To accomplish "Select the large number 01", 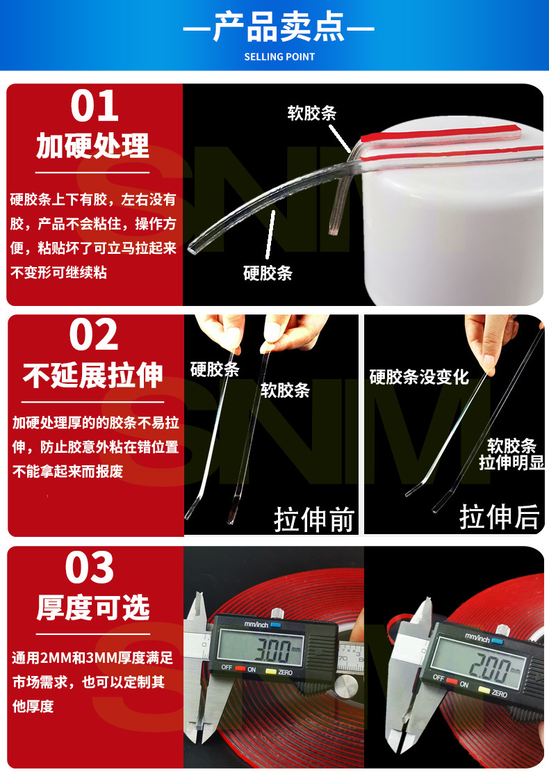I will pos(95,106).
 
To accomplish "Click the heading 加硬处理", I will pos(93,146).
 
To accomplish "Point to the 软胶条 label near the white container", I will pos(312,113).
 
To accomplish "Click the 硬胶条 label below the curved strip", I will pos(268,273).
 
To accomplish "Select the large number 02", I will pos(94,336).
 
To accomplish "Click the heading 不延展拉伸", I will pos(93,376).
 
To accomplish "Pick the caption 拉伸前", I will pos(314,519).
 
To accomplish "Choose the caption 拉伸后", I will pos(499,517).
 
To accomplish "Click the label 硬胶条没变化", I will pos(419,378).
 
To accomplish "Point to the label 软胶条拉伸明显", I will pos(511,454).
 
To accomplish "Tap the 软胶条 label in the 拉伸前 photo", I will pos(285,390).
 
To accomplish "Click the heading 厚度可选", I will pos(93,608).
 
